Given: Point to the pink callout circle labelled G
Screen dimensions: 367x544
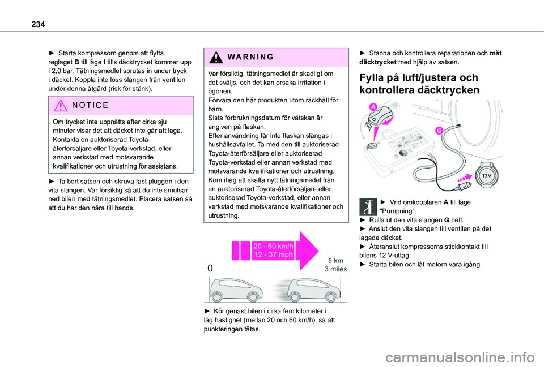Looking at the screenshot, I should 439,131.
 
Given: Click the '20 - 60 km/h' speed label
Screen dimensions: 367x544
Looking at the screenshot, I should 274,246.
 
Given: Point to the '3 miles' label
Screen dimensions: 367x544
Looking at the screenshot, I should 335,269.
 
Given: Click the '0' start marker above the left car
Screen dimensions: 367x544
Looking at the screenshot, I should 211,270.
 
